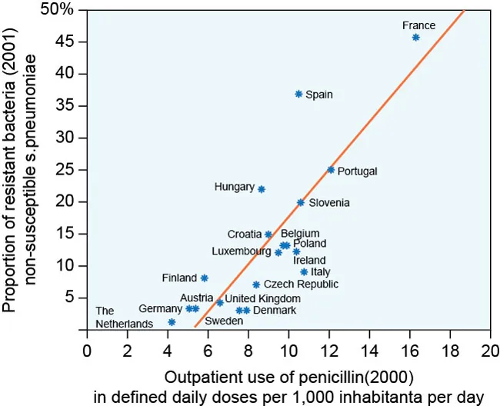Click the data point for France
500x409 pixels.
[415, 37]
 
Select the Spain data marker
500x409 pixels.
[298, 94]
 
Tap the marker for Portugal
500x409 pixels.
[331, 170]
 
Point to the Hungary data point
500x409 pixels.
[262, 189]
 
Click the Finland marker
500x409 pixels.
[204, 278]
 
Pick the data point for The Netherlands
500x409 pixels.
[172, 322]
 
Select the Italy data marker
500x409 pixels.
[304, 272]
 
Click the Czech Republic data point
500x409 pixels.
[256, 284]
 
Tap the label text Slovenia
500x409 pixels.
[329, 203]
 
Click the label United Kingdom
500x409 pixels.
[262, 299]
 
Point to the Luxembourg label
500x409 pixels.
[241, 251]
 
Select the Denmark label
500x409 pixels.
[275, 311]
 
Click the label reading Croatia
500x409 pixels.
[245, 234]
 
